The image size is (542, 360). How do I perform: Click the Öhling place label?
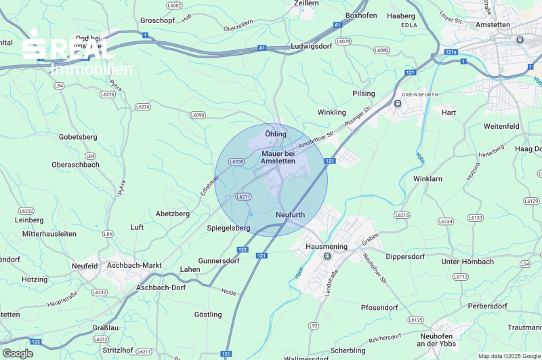click(x=276, y=134)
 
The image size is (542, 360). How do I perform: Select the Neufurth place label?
click(x=291, y=215)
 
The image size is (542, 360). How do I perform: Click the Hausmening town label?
click(x=327, y=247)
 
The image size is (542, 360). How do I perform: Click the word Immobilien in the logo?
click(x=91, y=68)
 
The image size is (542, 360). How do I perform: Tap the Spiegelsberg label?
click(x=228, y=228)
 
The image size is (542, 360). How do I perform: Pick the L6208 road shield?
click(x=236, y=161)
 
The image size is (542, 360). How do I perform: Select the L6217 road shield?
click(x=243, y=197)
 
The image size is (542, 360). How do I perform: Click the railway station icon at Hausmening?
click(x=327, y=256)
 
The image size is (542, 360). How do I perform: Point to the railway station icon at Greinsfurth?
click(x=398, y=104)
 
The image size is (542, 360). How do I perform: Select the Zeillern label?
click(x=306, y=3)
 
